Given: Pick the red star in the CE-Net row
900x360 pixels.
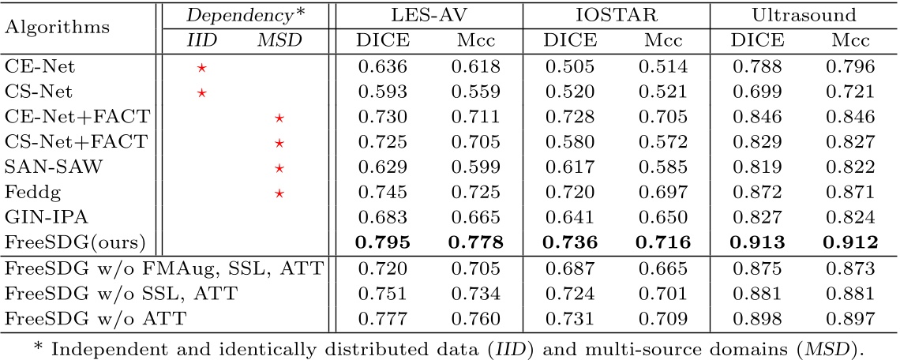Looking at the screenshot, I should click(201, 68).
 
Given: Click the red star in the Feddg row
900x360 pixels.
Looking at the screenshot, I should click(277, 193).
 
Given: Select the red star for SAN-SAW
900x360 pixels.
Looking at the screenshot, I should click(277, 168).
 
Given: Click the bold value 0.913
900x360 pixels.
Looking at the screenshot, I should click(759, 243).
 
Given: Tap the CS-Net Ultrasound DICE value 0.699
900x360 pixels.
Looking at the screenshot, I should click(759, 92).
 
